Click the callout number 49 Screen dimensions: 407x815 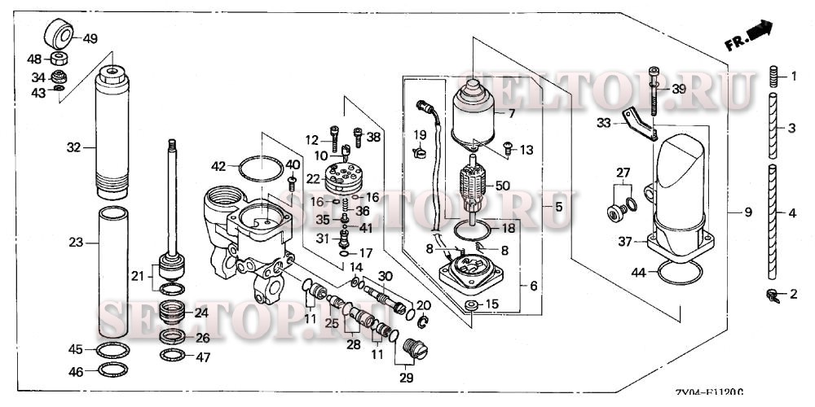[90, 37]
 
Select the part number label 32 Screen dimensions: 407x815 [73, 147]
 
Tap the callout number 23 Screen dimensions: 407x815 [76, 242]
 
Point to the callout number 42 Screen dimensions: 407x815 [218, 166]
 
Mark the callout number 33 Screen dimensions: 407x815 [602, 123]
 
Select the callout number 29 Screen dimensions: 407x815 [406, 378]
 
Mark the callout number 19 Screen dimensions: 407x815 [420, 133]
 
